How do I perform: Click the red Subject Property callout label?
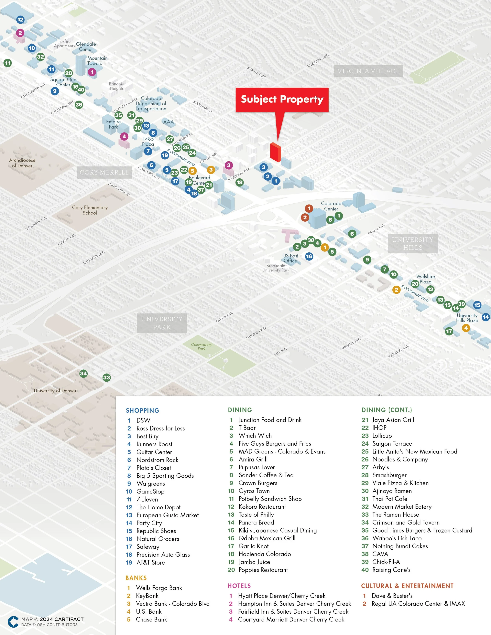coord(282,100)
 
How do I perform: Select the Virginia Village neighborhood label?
coord(368,71)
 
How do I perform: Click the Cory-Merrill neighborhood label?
coord(104,172)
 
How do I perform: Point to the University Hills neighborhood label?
coord(412,243)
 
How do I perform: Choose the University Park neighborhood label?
coord(162,323)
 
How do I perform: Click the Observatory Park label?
coord(201,346)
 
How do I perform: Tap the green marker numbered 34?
coord(83,373)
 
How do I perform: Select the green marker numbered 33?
coord(106,378)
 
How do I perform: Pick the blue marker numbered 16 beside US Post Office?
coord(309,256)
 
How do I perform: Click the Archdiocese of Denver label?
coord(22,163)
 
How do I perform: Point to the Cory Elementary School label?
coord(90,210)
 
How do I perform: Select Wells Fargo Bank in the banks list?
coord(159,588)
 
